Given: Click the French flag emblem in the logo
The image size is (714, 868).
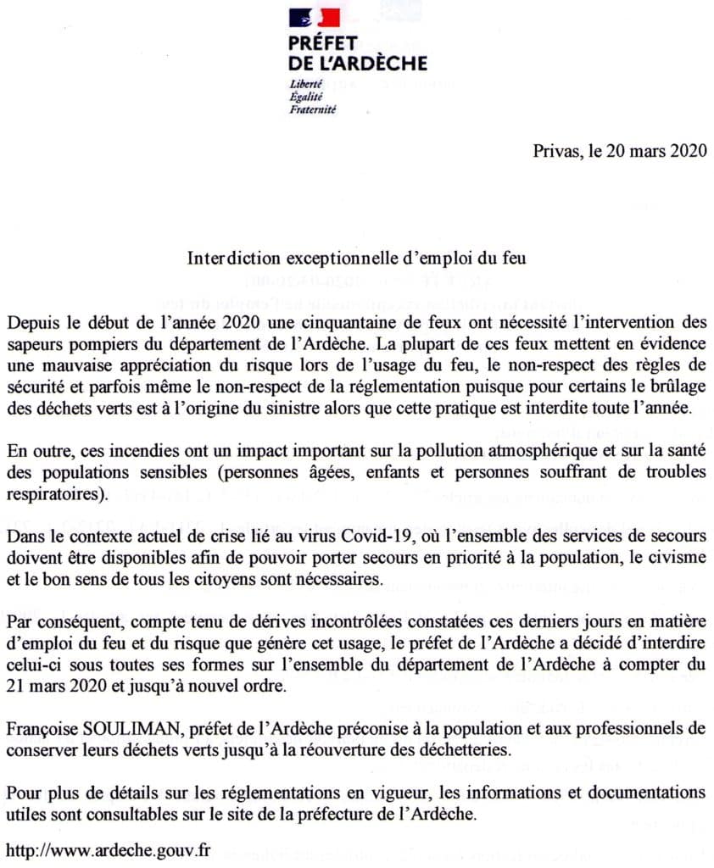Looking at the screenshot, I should [x=314, y=18].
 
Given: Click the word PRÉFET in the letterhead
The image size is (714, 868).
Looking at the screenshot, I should [x=323, y=43].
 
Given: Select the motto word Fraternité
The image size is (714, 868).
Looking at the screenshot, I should [x=313, y=109].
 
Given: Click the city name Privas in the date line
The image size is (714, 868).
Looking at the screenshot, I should [x=555, y=152].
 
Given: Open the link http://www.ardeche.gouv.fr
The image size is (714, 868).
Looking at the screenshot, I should [x=108, y=849].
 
